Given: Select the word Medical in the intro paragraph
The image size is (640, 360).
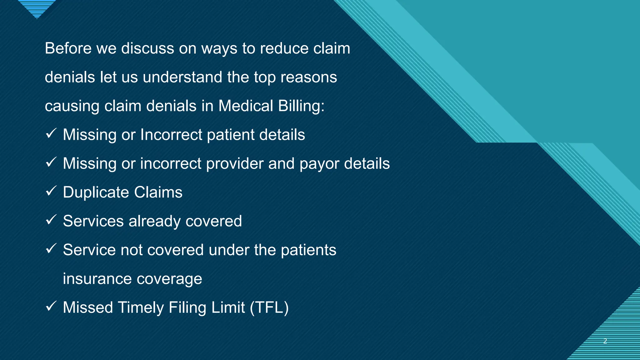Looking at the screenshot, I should coord(246,106).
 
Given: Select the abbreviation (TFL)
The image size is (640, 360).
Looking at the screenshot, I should coord(269,308).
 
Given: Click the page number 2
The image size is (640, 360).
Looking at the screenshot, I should coord(605,341).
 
